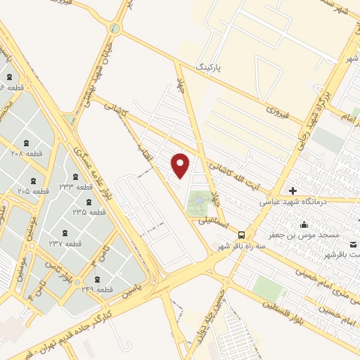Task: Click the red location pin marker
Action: [181, 165]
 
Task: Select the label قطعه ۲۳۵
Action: [89, 212]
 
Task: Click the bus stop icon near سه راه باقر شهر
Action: [242, 234]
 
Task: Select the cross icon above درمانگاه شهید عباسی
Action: [293, 191]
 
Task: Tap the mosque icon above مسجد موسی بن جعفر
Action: [303, 224]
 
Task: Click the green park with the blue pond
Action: [200, 202]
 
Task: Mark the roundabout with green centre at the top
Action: [115, 28]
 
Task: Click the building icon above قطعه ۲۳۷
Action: [65, 231]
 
